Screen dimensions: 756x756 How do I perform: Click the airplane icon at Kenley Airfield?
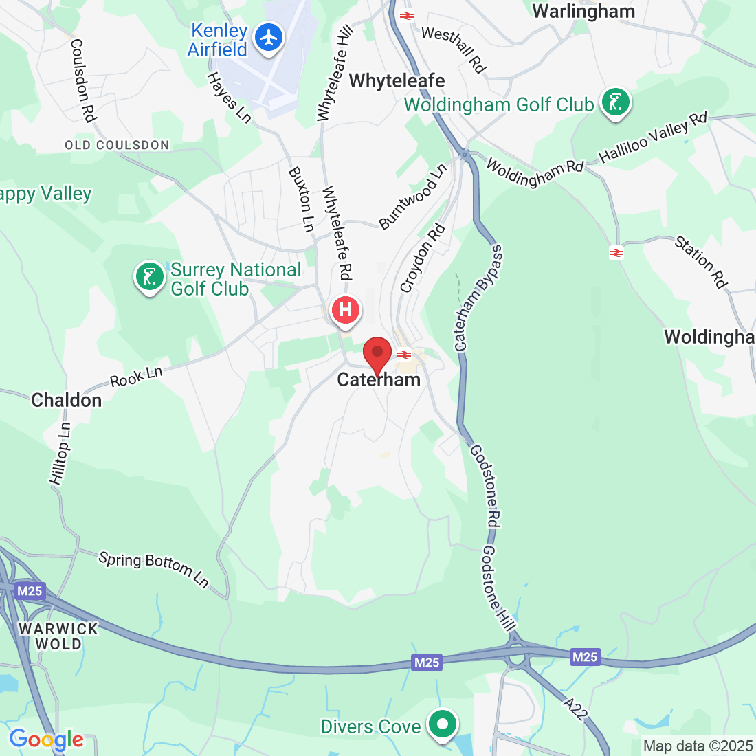pyautogui.click(x=269, y=37)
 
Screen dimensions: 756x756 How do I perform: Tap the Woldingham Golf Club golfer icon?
pyautogui.click(x=615, y=103)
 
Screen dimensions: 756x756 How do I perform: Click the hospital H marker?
pyautogui.click(x=346, y=310)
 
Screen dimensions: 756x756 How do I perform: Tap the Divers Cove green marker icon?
pyautogui.click(x=443, y=724)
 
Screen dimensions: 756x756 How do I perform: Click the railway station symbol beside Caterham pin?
pyautogui.click(x=404, y=355)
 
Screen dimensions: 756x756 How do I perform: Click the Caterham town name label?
pyautogui.click(x=379, y=380)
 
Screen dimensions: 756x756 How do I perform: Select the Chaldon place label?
pyautogui.click(x=67, y=400)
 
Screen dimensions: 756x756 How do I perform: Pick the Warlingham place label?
pyautogui.click(x=583, y=11)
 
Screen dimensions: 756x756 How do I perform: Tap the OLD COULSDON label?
pyautogui.click(x=117, y=145)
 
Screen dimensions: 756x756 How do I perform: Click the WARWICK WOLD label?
pyautogui.click(x=58, y=636)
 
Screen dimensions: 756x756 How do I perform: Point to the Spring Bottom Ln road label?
pyautogui.click(x=153, y=569)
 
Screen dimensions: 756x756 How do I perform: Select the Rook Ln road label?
pyautogui.click(x=136, y=377)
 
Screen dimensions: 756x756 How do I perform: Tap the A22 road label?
pyautogui.click(x=575, y=709)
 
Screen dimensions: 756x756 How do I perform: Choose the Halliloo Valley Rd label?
pyautogui.click(x=652, y=137)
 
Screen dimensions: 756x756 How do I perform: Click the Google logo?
pyautogui.click(x=46, y=740)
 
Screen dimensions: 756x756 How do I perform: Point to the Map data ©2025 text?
pyautogui.click(x=698, y=746)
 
